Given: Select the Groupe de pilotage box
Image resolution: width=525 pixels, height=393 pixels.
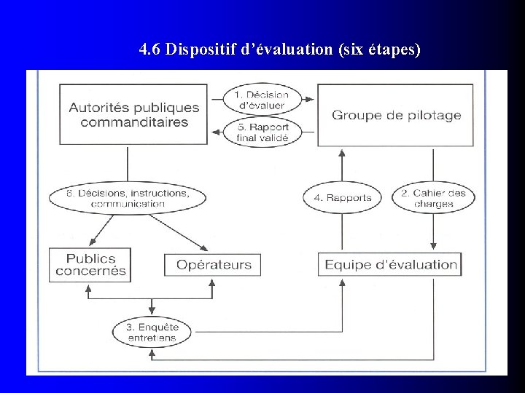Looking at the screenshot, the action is click(x=397, y=114).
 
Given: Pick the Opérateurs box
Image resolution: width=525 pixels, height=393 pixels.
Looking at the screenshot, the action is click(x=214, y=265).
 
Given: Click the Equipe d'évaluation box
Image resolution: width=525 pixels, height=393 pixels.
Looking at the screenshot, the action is click(x=391, y=264).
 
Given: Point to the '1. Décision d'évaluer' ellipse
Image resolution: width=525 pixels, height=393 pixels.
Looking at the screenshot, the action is click(x=262, y=99).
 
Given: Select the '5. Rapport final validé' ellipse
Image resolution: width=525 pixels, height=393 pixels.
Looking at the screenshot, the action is click(x=262, y=132).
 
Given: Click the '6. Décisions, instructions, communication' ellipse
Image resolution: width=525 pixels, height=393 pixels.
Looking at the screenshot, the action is click(x=128, y=198).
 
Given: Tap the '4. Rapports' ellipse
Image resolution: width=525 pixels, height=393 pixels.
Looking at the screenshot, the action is click(x=343, y=197).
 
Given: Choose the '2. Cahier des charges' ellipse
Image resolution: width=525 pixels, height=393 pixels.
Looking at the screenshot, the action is click(x=433, y=197).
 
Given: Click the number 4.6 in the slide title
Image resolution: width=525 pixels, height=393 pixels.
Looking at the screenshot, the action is click(x=150, y=50).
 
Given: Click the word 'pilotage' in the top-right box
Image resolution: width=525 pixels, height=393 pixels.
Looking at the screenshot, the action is click(x=435, y=115).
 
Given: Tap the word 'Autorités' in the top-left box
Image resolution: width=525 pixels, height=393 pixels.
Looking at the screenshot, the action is click(x=100, y=107).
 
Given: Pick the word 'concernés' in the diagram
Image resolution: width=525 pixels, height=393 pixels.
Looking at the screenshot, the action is click(x=90, y=271).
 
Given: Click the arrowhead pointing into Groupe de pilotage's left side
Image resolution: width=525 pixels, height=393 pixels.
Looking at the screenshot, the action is click(x=311, y=98).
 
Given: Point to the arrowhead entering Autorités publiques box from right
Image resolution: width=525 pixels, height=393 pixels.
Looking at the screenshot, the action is click(x=215, y=132).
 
